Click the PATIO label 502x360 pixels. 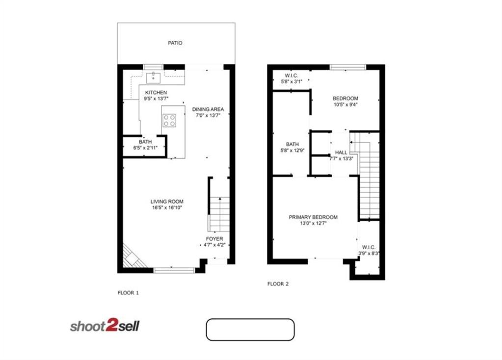[x=175, y=43]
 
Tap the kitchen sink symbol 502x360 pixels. [x=154, y=77]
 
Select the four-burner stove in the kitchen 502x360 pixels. [x=169, y=120]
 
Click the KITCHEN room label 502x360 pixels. [x=156, y=92]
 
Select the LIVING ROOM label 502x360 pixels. [x=167, y=202]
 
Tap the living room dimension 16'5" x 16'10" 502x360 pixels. [x=167, y=208]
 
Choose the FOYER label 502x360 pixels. [x=214, y=239]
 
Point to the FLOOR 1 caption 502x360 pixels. [x=128, y=293]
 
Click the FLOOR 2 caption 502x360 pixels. [x=278, y=283]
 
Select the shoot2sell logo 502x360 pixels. [x=105, y=326]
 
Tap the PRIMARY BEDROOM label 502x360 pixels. [x=313, y=217]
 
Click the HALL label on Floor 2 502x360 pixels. [x=341, y=153]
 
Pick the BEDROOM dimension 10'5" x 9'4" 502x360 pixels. [x=345, y=104]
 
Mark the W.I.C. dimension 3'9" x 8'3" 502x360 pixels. [x=369, y=254]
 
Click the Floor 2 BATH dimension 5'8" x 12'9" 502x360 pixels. [x=292, y=151]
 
